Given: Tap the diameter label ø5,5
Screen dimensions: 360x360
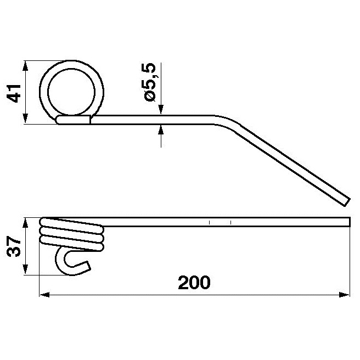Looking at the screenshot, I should (x=149, y=82).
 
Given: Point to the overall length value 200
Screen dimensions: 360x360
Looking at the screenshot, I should (x=194, y=283).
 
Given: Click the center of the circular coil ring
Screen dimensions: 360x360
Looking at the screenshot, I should (x=72, y=90).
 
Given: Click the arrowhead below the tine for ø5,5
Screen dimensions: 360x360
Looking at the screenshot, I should (x=161, y=129).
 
